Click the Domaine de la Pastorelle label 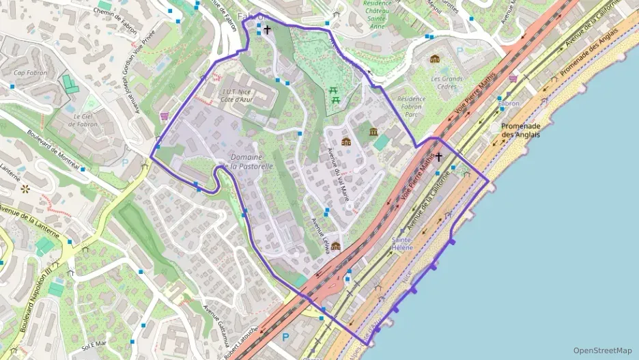pos(247,162)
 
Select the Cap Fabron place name pos(29,72)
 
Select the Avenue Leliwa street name pos(321,235)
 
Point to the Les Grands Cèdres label pos(447,82)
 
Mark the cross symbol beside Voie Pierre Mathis pos(438,156)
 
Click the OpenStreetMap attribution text pos(602,350)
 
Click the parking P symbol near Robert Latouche pos(285,337)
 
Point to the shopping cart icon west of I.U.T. pos(164,117)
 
